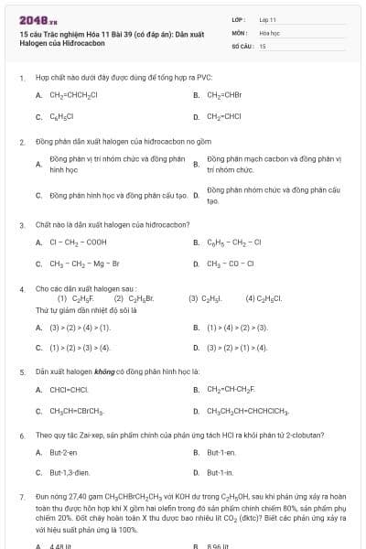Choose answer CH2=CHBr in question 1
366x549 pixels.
click(x=225, y=94)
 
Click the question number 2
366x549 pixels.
click(x=22, y=142)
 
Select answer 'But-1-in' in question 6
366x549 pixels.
click(x=220, y=472)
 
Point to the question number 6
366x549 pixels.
click(x=22, y=435)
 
